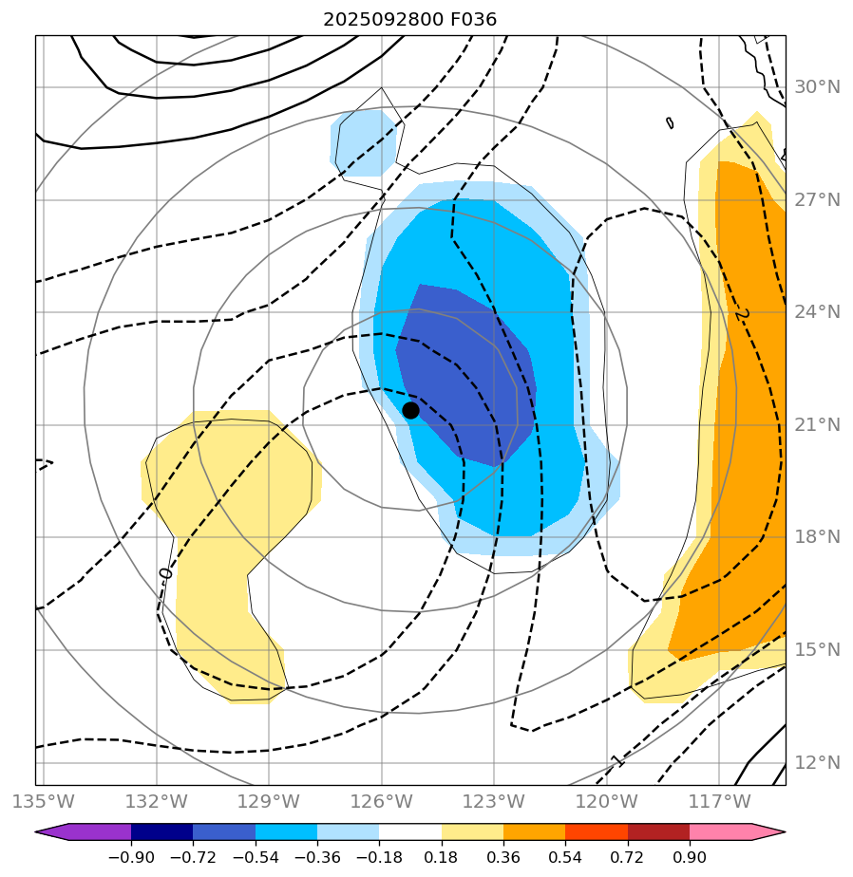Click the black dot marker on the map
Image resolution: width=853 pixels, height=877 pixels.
coord(410,410)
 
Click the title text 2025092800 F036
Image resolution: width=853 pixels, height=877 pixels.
coord(409,19)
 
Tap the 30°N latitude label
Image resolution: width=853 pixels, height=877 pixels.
coord(817,87)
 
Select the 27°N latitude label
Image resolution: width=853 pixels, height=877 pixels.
coord(817,200)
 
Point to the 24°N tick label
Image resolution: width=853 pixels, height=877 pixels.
coord(817,312)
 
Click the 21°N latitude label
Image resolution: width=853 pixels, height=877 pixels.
coord(817,425)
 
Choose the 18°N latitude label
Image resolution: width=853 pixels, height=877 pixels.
coord(817,537)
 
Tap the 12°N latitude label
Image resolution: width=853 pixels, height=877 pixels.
coord(817,763)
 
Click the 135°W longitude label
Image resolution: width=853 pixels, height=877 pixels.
coord(44,802)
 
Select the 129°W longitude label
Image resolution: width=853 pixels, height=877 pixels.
coord(269,802)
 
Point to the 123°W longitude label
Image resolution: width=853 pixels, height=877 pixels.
coord(494,802)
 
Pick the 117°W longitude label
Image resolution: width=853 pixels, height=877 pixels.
coord(719,802)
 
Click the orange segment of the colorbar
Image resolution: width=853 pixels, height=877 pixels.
coord(534,831)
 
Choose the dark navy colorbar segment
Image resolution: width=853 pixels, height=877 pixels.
coord(161,831)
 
